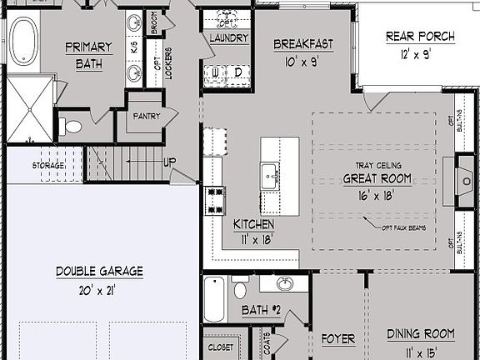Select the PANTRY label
(147, 116)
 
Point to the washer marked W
(217, 72)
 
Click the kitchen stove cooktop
(215, 199)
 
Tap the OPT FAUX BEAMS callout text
(408, 227)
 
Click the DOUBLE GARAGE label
(100, 271)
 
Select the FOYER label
(338, 339)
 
